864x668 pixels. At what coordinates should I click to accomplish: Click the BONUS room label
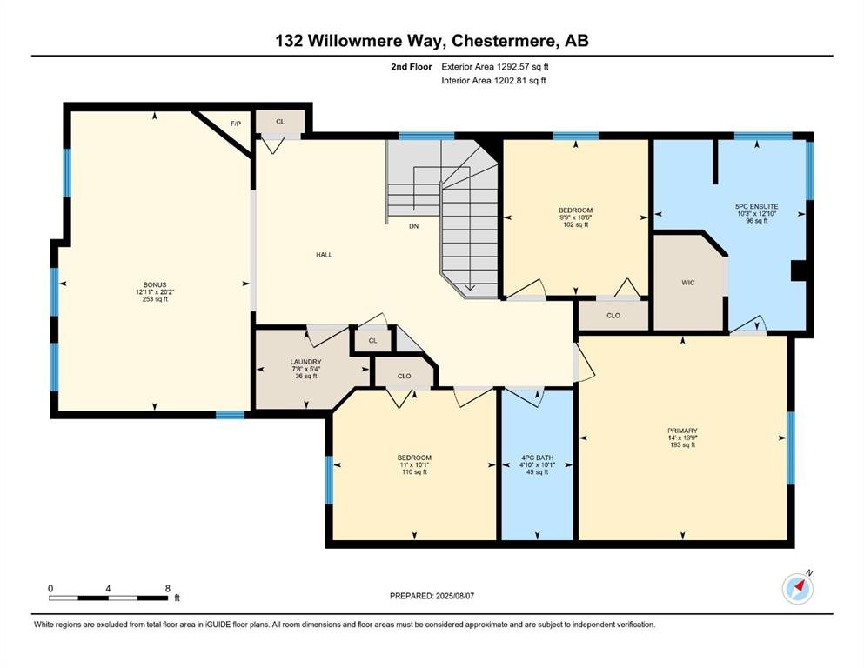tap(155, 284)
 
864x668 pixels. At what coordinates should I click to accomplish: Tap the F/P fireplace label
tap(235, 124)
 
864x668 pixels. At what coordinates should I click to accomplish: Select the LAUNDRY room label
tap(305, 362)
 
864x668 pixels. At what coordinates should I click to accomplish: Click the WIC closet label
tap(688, 283)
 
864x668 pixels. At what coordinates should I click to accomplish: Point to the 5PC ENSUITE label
tap(757, 206)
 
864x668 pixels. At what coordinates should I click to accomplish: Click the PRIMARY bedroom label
tap(682, 431)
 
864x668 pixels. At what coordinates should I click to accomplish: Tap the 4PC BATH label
tap(537, 458)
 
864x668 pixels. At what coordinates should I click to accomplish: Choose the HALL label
tap(324, 255)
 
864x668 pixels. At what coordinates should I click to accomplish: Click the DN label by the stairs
tap(413, 226)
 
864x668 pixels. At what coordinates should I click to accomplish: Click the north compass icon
tap(798, 588)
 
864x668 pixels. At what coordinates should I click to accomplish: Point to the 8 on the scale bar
tap(168, 588)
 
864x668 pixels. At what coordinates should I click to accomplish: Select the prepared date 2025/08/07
tap(454, 596)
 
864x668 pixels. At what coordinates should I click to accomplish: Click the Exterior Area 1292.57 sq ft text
tap(495, 67)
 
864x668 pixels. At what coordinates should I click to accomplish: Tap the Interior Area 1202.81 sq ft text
tap(493, 80)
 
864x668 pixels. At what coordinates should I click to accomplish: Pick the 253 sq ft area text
tap(155, 299)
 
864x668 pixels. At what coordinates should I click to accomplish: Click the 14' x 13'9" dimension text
tap(682, 438)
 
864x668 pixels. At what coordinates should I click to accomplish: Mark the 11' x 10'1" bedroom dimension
tap(414, 464)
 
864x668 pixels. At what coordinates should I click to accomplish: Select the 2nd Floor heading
tap(411, 67)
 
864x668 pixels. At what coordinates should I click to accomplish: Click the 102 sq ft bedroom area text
tap(576, 224)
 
